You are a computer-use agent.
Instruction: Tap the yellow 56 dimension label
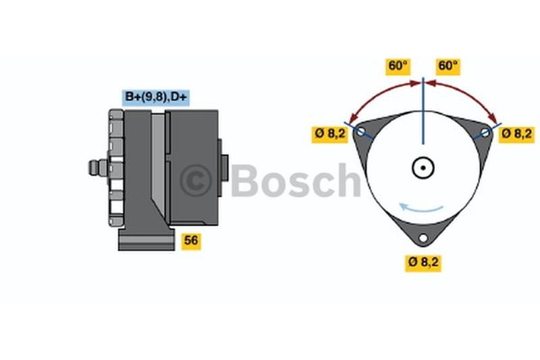(191, 240)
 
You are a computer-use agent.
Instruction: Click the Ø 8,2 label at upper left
(330, 133)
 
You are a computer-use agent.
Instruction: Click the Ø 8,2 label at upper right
(516, 133)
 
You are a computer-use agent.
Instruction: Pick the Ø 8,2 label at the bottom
(423, 262)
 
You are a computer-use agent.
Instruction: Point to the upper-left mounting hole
(360, 131)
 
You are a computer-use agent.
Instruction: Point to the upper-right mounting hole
(485, 132)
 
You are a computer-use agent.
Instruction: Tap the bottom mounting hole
(423, 238)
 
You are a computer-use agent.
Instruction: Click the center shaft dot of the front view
(423, 168)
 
